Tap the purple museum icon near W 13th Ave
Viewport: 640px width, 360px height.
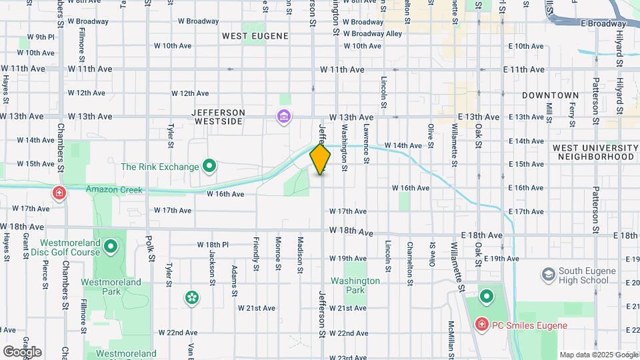284,117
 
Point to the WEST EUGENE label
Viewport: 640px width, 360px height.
255,35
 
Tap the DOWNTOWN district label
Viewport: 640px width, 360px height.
550,95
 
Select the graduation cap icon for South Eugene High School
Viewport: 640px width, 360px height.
548,275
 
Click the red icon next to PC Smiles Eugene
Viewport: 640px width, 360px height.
481,325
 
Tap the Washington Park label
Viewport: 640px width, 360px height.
355,285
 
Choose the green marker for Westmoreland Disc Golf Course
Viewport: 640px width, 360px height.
110,248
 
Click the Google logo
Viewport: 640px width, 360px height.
22,351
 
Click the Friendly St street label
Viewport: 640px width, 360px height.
255,253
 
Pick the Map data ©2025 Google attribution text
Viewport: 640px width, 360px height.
599,355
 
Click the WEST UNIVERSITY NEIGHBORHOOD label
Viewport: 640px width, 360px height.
595,151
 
